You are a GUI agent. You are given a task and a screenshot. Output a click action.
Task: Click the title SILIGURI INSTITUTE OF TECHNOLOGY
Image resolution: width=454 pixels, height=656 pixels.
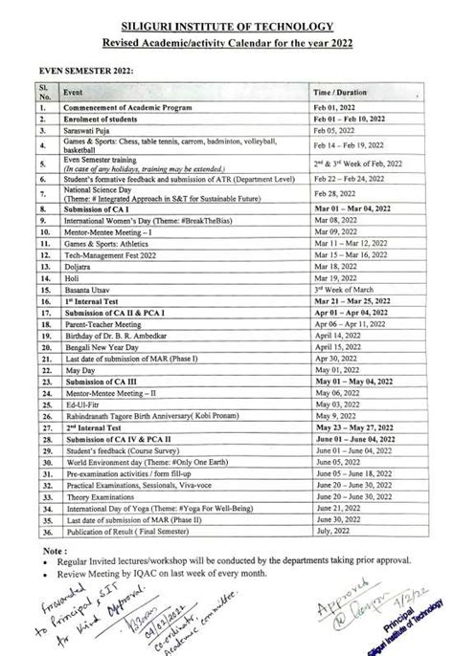(x=227, y=26)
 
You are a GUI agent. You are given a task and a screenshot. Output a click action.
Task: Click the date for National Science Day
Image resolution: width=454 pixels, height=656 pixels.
(x=340, y=194)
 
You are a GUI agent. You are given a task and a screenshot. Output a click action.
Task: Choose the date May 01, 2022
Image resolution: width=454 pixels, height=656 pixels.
(x=340, y=370)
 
